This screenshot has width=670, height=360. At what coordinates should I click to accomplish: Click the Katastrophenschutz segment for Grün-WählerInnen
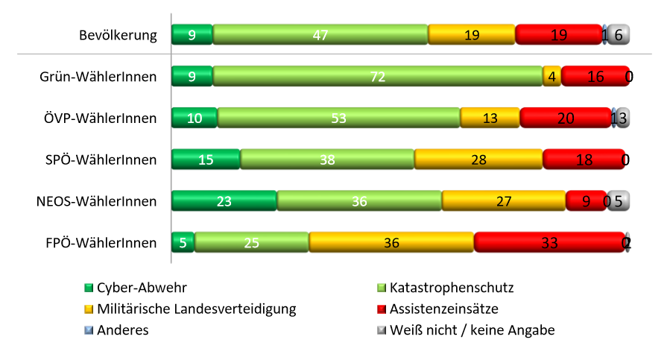pos(377,76)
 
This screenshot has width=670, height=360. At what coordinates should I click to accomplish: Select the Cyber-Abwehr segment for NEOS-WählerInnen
pos(224,201)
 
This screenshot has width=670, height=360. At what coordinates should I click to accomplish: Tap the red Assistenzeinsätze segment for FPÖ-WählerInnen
pos(549,243)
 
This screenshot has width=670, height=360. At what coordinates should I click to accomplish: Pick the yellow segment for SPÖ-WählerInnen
pos(478,160)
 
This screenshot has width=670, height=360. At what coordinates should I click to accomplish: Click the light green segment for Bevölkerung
pos(320,34)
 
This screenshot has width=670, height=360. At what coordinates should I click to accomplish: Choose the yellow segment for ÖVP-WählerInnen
pos(490,118)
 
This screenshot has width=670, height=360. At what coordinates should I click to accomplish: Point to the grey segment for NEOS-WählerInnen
pos(619,201)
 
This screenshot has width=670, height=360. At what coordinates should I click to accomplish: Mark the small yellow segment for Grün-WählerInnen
pos(552,76)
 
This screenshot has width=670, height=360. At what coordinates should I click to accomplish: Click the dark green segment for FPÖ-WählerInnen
pos(183,243)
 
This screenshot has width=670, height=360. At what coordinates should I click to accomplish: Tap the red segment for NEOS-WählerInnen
pos(586,201)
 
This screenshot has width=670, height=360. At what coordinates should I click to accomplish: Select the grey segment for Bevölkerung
pos(619,34)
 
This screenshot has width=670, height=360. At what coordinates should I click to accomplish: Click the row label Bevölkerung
pos(118,35)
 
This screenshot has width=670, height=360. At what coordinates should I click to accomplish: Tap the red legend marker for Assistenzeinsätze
pos(382,309)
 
